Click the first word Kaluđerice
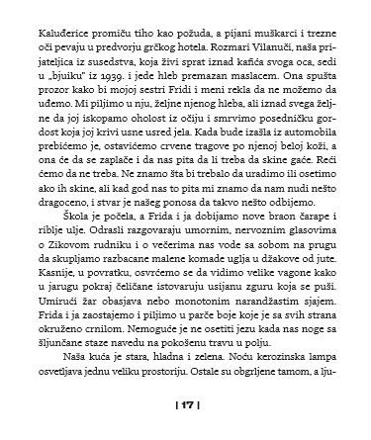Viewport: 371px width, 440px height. (x=64, y=14)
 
